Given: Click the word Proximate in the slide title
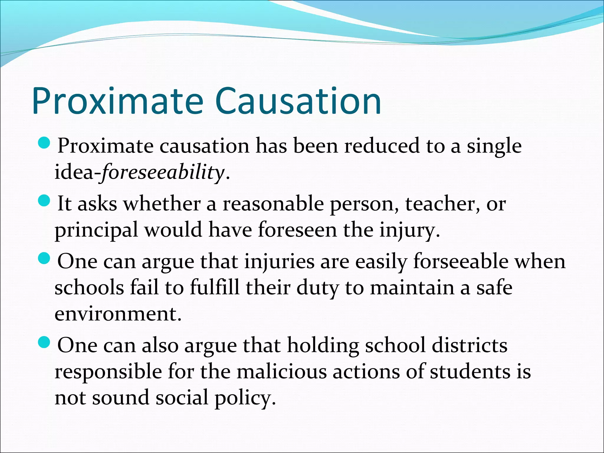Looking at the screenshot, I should click(x=118, y=101).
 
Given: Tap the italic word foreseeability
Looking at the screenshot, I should click(x=163, y=172).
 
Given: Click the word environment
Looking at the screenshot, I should click(x=118, y=314).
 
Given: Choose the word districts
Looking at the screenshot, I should click(x=470, y=346).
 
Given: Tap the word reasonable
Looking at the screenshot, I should click(x=273, y=204).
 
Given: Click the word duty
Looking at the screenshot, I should click(x=317, y=288).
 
